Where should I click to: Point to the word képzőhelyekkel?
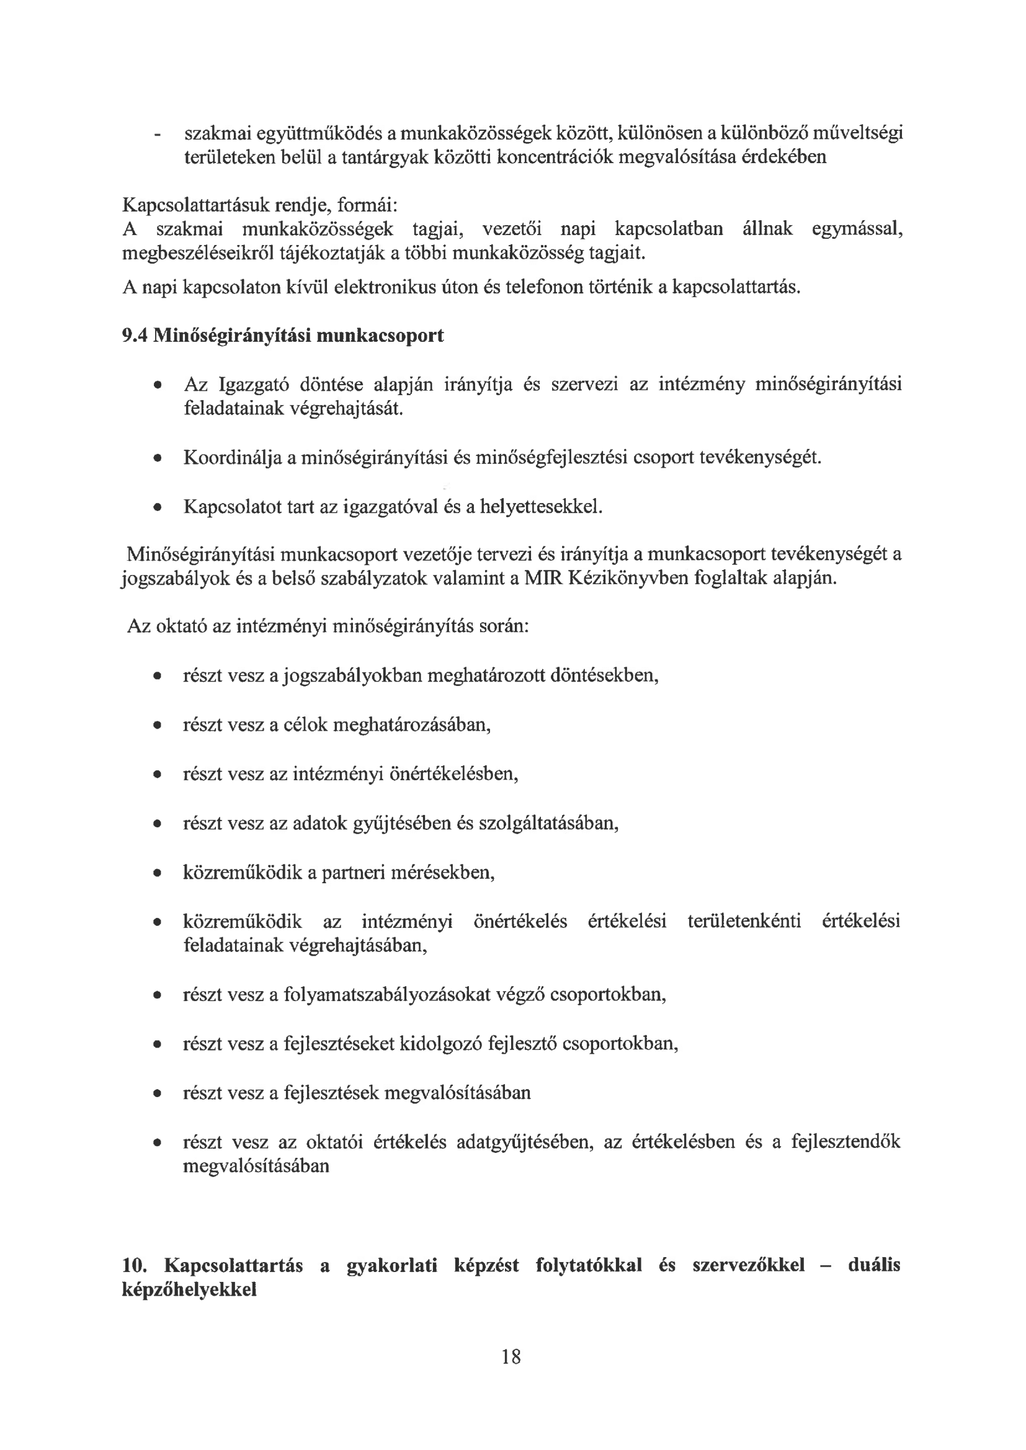point(189,1289)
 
